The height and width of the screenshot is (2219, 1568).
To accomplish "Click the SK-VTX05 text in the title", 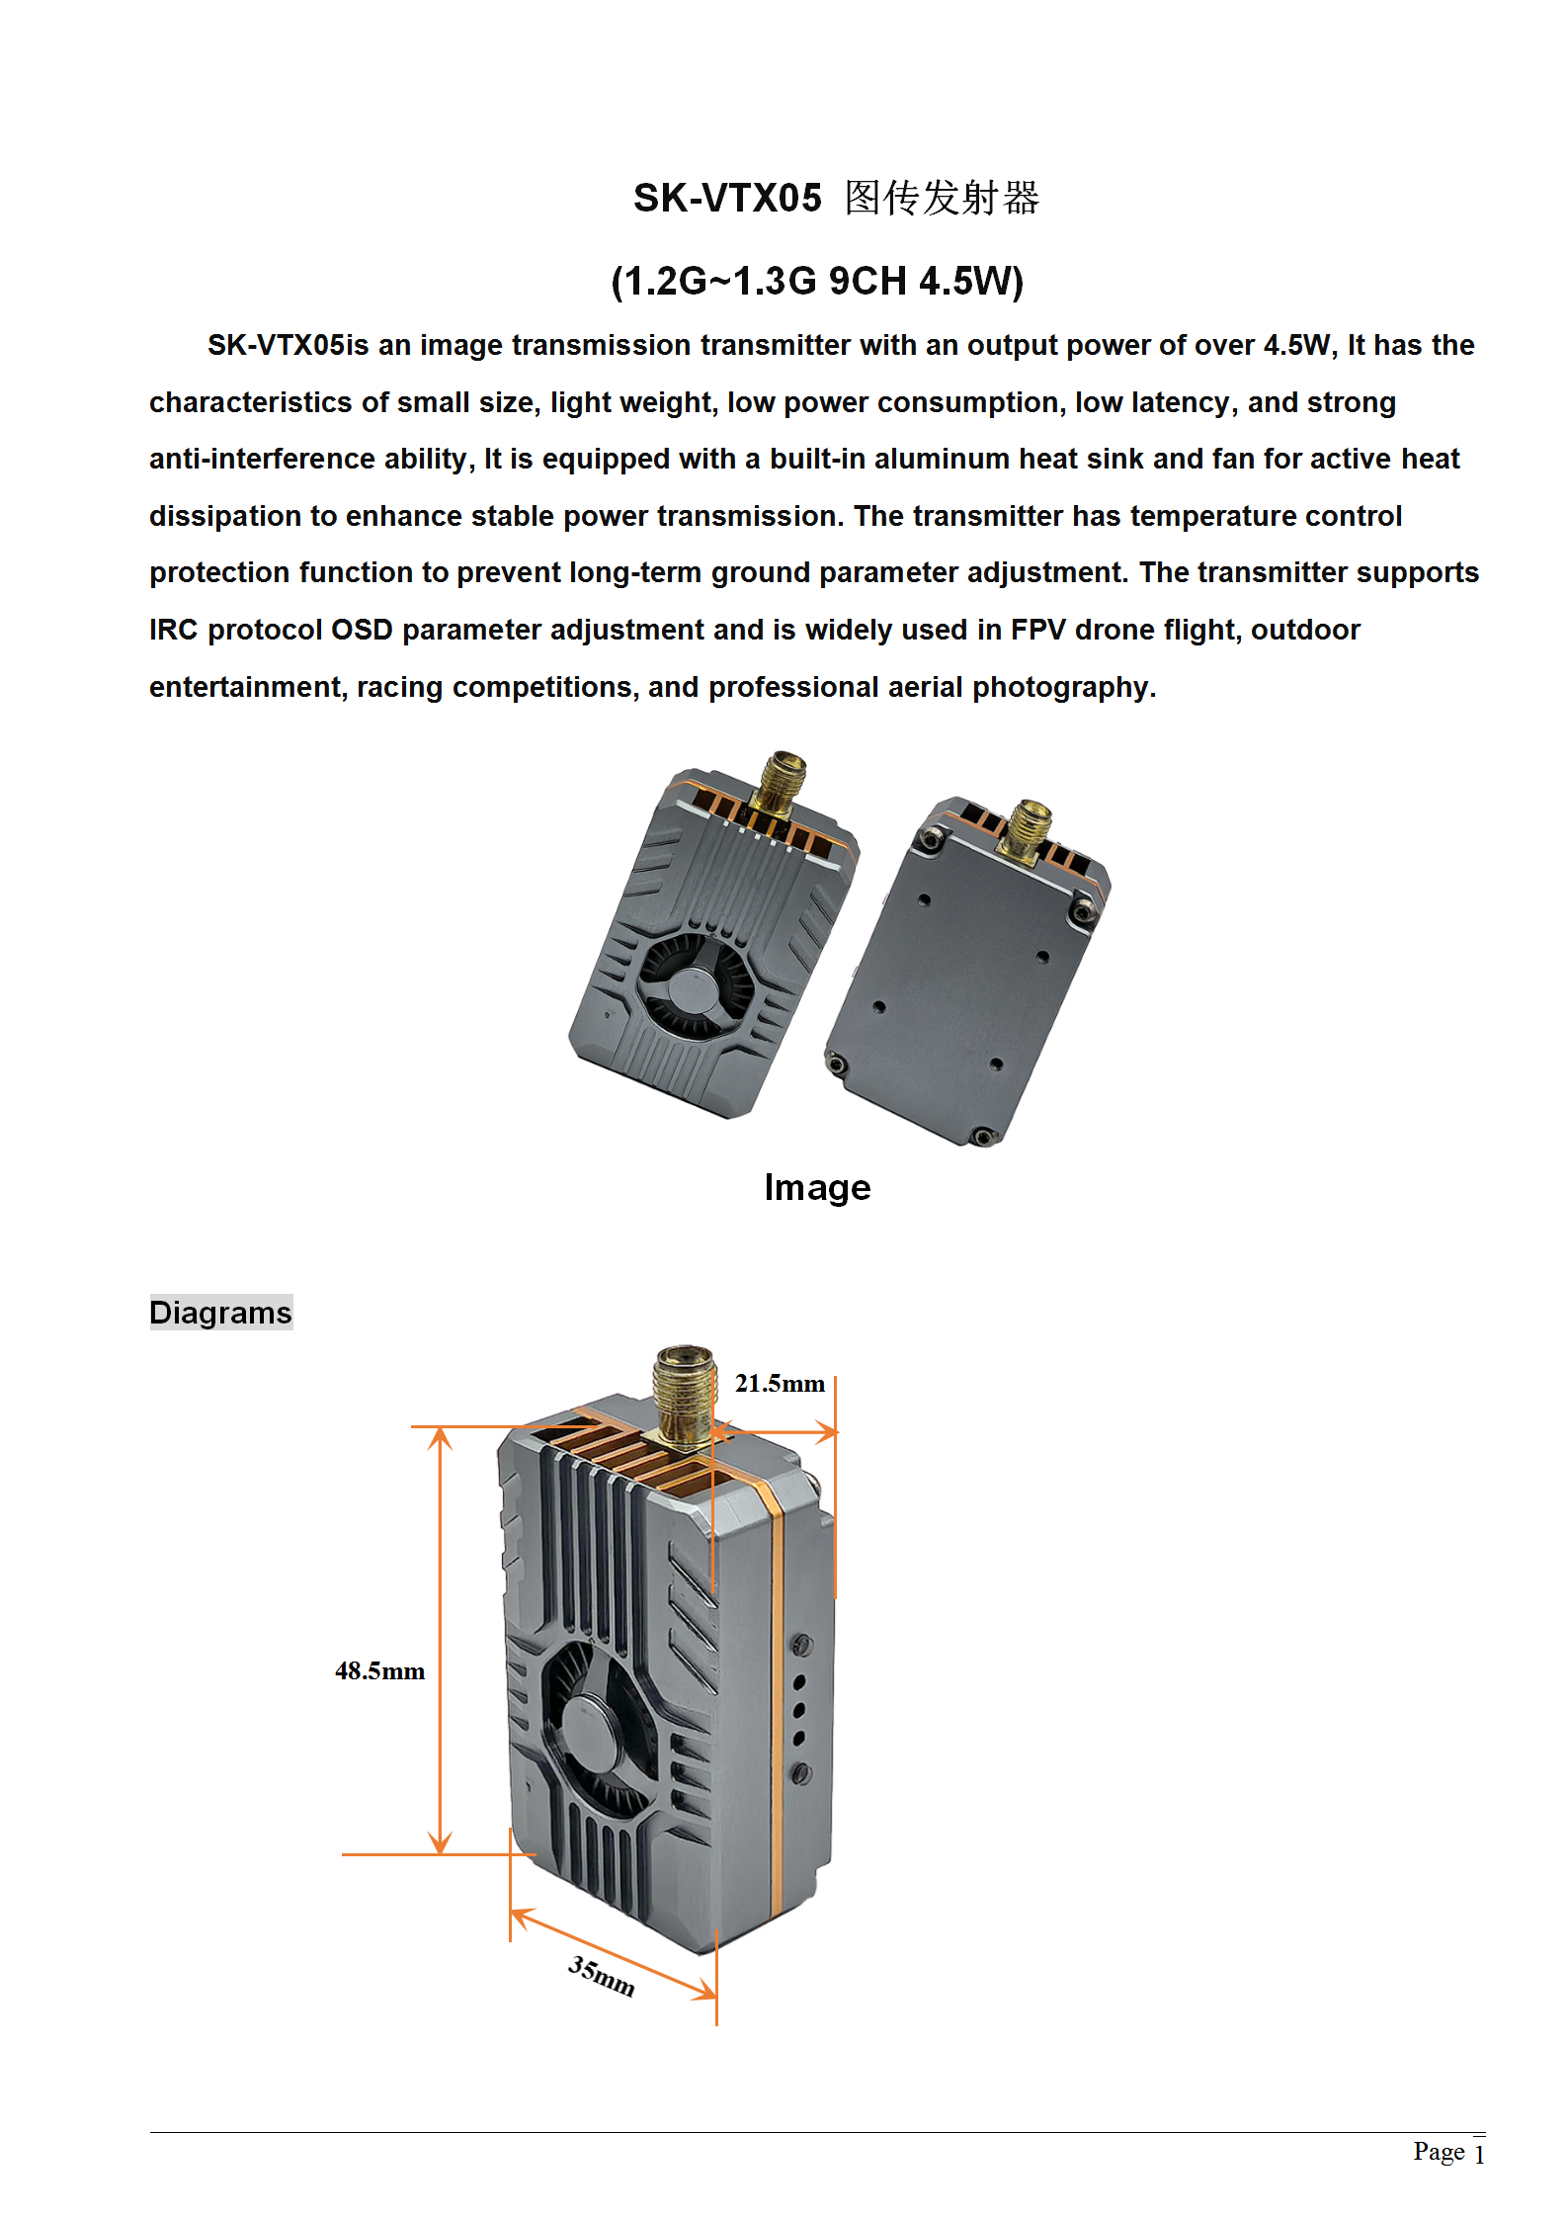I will click(x=727, y=199).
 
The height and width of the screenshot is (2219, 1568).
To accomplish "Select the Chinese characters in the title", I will click(x=942, y=199).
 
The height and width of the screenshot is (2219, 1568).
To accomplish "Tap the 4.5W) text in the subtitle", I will click(x=971, y=282).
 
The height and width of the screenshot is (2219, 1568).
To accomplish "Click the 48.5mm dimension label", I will click(x=379, y=1671).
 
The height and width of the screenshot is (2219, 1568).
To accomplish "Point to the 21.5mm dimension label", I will click(x=780, y=1384).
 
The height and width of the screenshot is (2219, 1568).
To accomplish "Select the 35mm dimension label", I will click(x=601, y=1976).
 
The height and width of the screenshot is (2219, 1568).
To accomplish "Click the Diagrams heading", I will click(x=220, y=1313).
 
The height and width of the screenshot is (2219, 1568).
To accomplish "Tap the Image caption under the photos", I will click(x=817, y=1187).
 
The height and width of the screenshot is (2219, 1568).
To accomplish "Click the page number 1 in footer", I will click(x=1479, y=2154).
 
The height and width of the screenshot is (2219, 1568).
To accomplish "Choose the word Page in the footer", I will click(x=1439, y=2152).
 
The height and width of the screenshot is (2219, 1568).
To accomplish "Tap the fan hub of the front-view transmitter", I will click(x=693, y=988).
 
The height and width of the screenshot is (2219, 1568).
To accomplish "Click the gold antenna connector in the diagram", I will click(x=684, y=1394).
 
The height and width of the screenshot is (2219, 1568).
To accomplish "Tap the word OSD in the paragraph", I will click(x=362, y=631).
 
